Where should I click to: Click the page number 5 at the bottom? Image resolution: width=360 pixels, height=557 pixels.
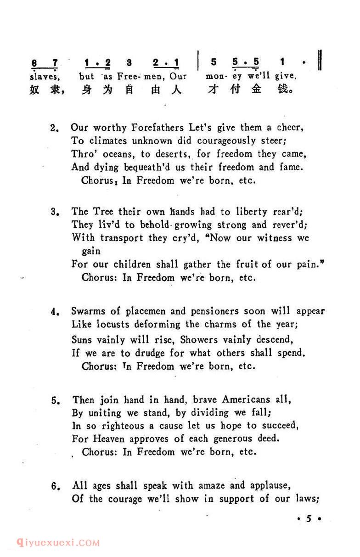pos(309,519)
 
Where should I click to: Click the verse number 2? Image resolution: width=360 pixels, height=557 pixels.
pos(54,128)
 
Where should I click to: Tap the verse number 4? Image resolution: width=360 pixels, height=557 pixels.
pos(54,312)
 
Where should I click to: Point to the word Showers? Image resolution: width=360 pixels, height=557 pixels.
pos(199,340)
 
